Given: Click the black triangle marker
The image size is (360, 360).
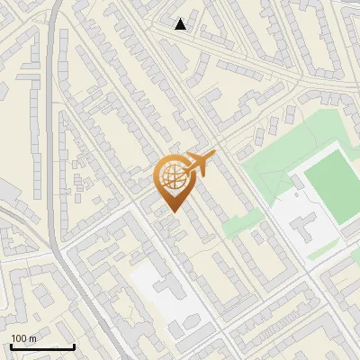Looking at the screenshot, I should pyautogui.click(x=181, y=24).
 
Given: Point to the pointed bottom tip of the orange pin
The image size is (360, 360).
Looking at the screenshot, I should pyautogui.click(x=172, y=211).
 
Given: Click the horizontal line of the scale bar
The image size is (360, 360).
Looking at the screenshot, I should pyautogui.click(x=42, y=346).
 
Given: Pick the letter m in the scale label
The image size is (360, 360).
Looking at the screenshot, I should pyautogui.click(x=32, y=338).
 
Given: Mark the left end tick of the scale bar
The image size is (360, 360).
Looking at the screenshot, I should pyautogui.click(x=11, y=345).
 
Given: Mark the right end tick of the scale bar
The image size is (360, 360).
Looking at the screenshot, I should pyautogui.click(x=74, y=345).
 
